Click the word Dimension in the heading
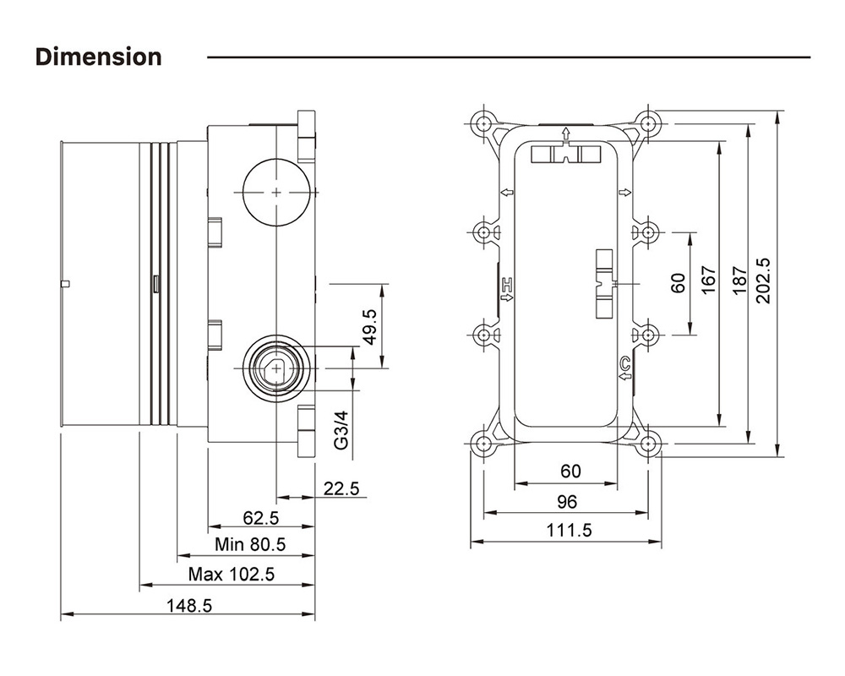[98, 57]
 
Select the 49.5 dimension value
[368, 327]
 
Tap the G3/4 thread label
[341, 430]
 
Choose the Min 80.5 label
[250, 545]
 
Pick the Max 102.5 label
[232, 575]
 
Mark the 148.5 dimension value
[188, 605]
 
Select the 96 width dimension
[567, 502]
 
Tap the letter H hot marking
[508, 285]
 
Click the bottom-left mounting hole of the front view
[483, 443]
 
